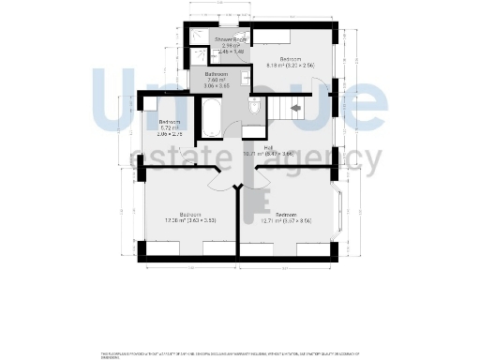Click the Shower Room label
tap(230, 40)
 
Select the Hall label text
tap(268, 147)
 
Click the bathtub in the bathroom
tap(212, 120)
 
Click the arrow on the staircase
tap(296, 109)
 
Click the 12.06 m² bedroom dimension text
tap(178, 220)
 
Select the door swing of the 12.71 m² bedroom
tap(265, 182)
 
